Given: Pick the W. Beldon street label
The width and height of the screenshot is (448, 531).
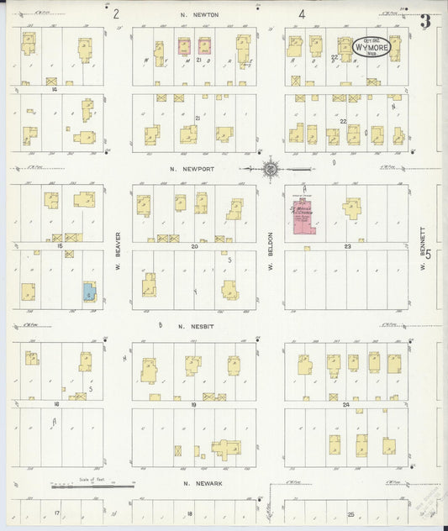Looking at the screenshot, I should tap(271, 249).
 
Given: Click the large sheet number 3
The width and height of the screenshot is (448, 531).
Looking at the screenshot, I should tap(425, 22).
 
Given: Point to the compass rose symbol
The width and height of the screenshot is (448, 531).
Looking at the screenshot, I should tap(271, 170).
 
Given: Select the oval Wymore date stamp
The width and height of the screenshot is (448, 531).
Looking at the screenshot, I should tap(371, 46).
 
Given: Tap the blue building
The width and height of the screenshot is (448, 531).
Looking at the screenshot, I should tap(88, 292).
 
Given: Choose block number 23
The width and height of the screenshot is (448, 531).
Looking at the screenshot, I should tap(346, 246).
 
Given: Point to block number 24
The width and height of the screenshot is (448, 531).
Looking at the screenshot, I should tap(346, 405).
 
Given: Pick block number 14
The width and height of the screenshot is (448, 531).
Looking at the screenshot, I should tap(54, 88).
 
